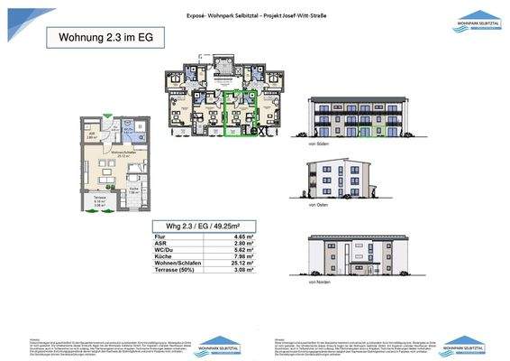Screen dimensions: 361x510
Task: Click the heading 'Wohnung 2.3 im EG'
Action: point(101,39)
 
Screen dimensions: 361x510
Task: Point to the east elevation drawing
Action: point(334,181)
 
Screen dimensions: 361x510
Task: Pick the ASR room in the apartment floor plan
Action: point(93,134)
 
